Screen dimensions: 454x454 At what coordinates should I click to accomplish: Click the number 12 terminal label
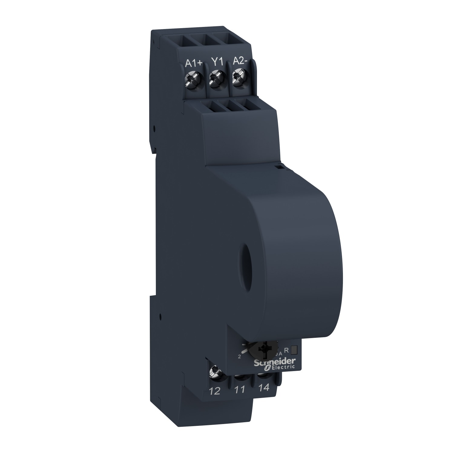coord(215,391)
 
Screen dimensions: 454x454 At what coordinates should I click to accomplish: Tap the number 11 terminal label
coord(240,390)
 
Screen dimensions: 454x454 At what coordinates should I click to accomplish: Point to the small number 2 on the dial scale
coord(239,357)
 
